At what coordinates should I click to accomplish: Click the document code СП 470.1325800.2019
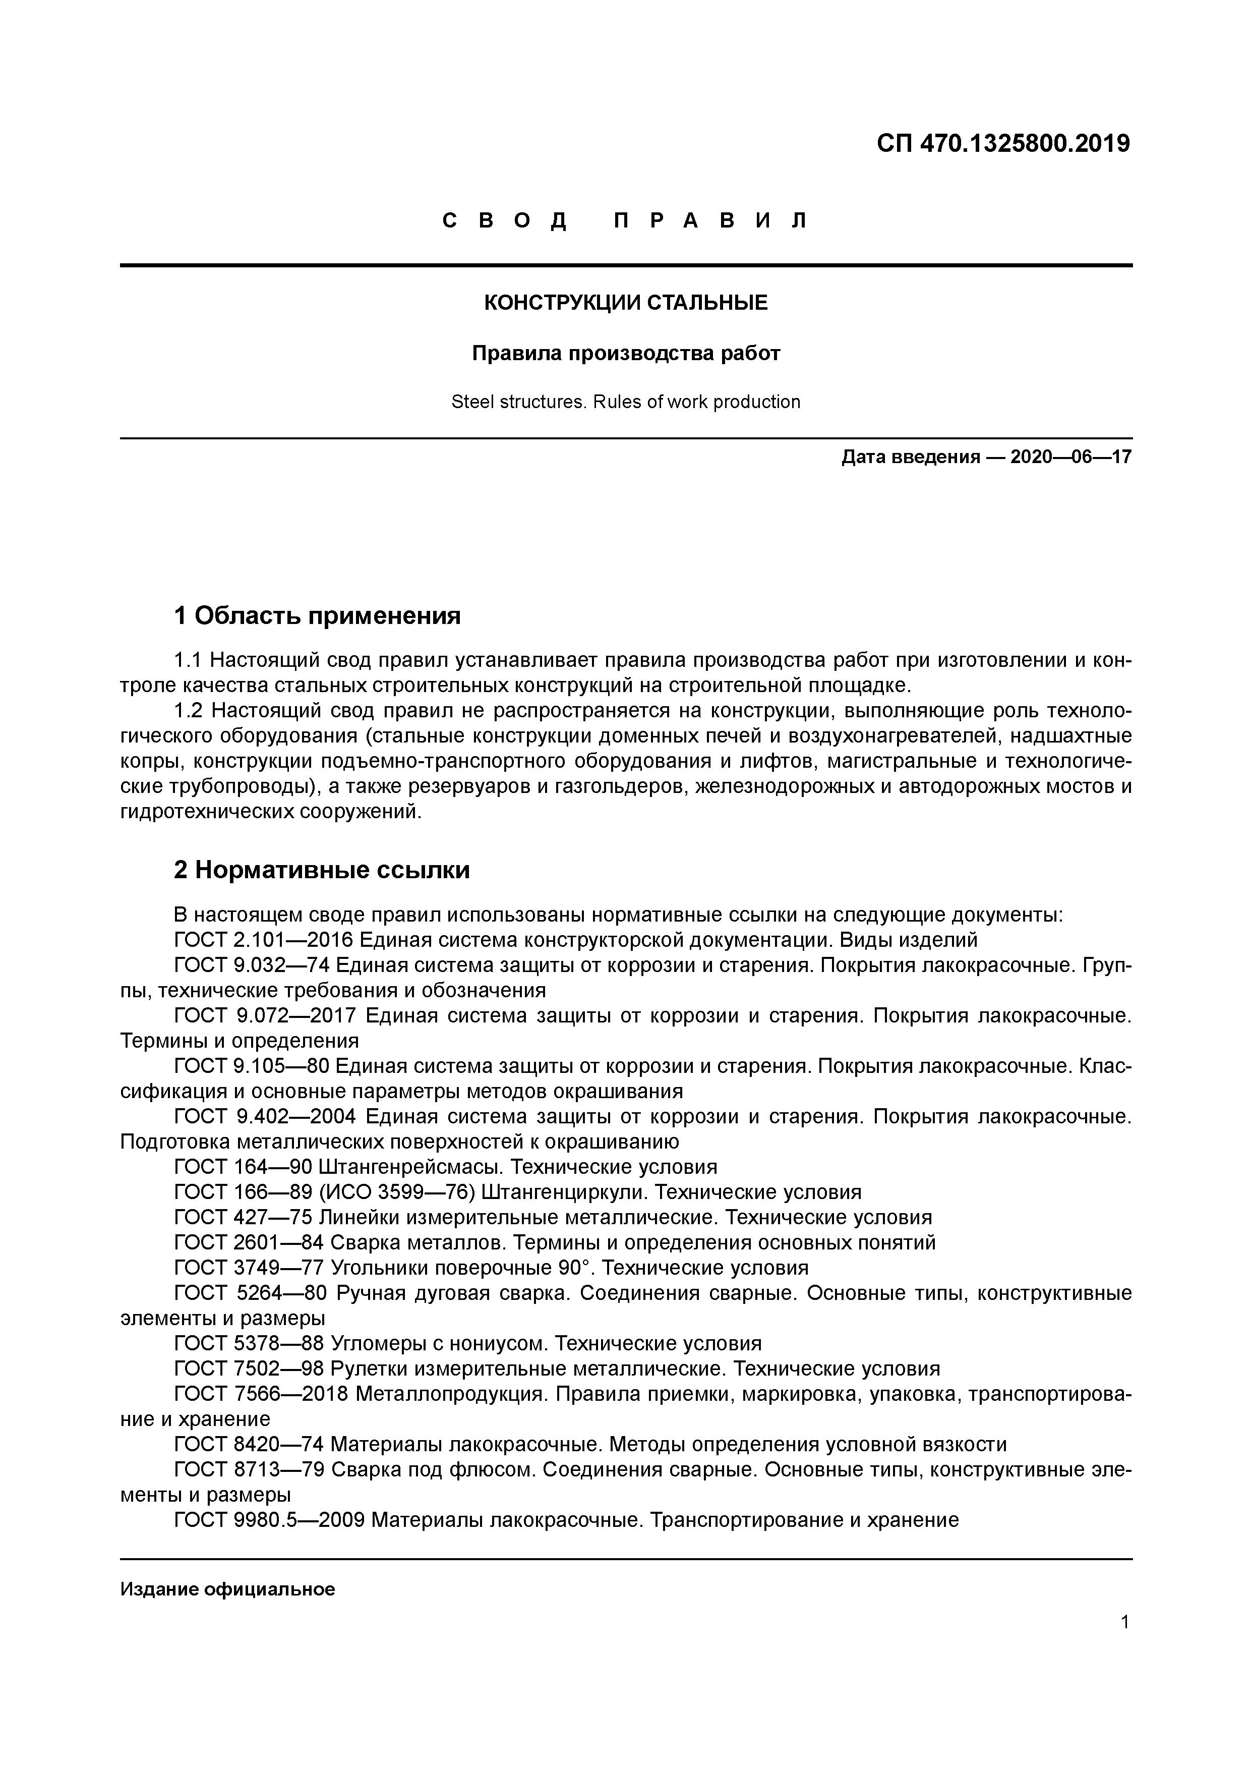click(1003, 143)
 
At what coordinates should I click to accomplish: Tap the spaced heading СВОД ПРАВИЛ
click(625, 221)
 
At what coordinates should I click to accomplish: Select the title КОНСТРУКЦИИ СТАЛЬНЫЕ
click(625, 303)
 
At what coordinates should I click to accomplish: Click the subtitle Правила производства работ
click(625, 354)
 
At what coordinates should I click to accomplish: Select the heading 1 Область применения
click(317, 615)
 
